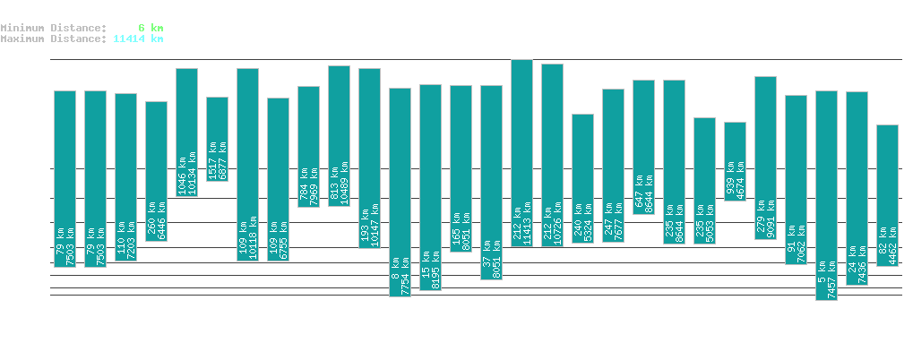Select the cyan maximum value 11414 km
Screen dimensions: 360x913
point(138,39)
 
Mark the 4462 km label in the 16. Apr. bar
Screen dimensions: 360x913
point(892,245)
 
